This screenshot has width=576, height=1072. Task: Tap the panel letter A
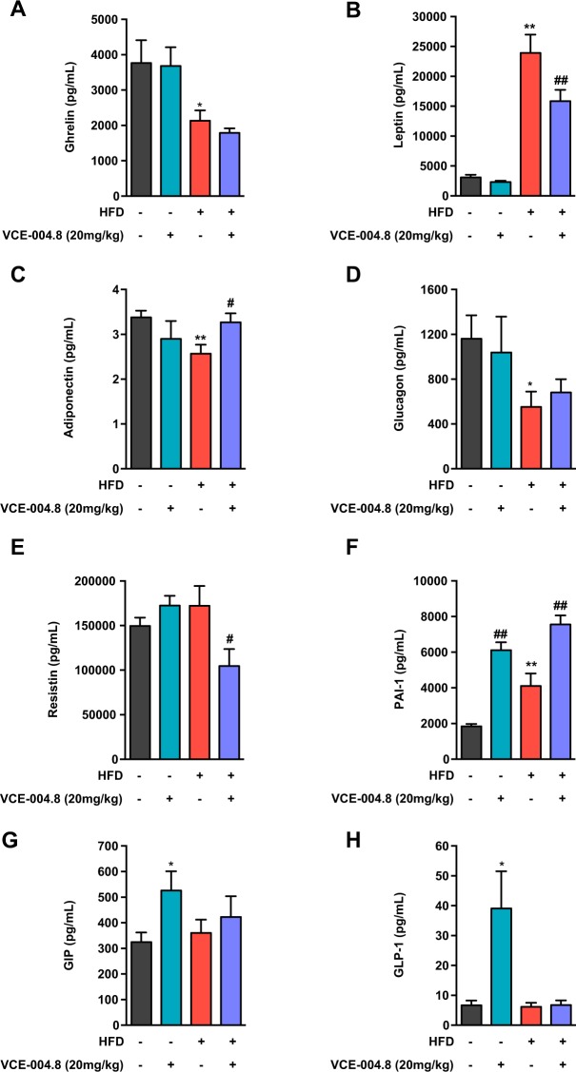[12, 10]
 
